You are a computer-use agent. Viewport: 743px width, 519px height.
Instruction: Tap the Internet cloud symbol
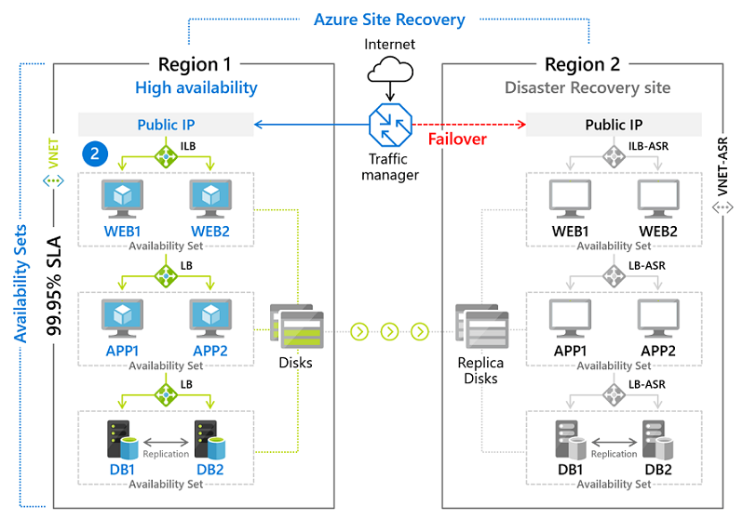[x=389, y=71]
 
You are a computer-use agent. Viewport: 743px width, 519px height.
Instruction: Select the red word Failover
[x=457, y=140]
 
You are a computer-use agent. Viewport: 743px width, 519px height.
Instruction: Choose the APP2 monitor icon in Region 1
[x=209, y=318]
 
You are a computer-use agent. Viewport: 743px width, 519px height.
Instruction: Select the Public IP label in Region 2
[x=614, y=125]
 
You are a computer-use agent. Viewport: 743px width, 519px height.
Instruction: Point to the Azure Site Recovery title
[x=389, y=19]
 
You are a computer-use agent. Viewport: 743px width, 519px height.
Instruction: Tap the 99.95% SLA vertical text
[x=56, y=280]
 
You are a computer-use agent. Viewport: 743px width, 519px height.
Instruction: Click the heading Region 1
[x=194, y=64]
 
